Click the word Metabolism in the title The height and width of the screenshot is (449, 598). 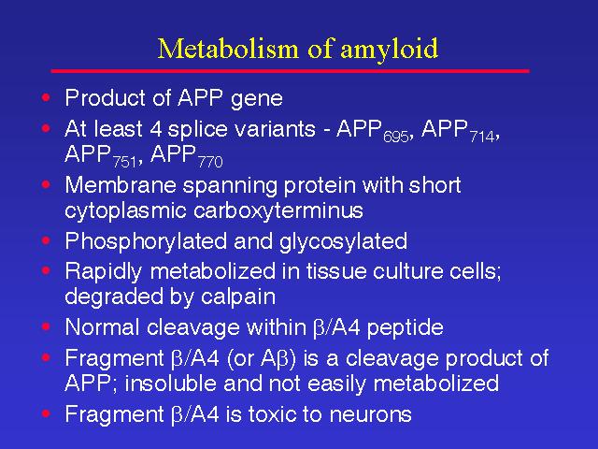tap(228, 49)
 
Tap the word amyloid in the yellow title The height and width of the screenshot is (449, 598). tap(389, 51)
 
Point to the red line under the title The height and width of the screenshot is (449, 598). tap(291, 71)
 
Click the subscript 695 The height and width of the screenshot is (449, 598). tap(396, 138)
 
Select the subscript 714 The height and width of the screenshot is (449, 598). tap(482, 138)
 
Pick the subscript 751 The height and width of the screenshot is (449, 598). tap(124, 162)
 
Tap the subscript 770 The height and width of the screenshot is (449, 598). tap(210, 162)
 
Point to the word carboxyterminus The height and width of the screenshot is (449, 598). tap(278, 211)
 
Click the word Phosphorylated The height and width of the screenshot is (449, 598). tap(146, 242)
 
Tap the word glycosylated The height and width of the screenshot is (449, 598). tap(343, 242)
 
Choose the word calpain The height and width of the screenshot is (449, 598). tap(238, 297)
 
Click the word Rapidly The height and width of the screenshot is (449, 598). tap(104, 272)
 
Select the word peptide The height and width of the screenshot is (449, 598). tap(405, 328)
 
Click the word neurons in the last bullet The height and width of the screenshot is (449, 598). tap(370, 415)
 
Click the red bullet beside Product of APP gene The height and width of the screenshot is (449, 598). tap(46, 97)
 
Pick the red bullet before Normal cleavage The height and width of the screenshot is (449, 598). tap(46, 326)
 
